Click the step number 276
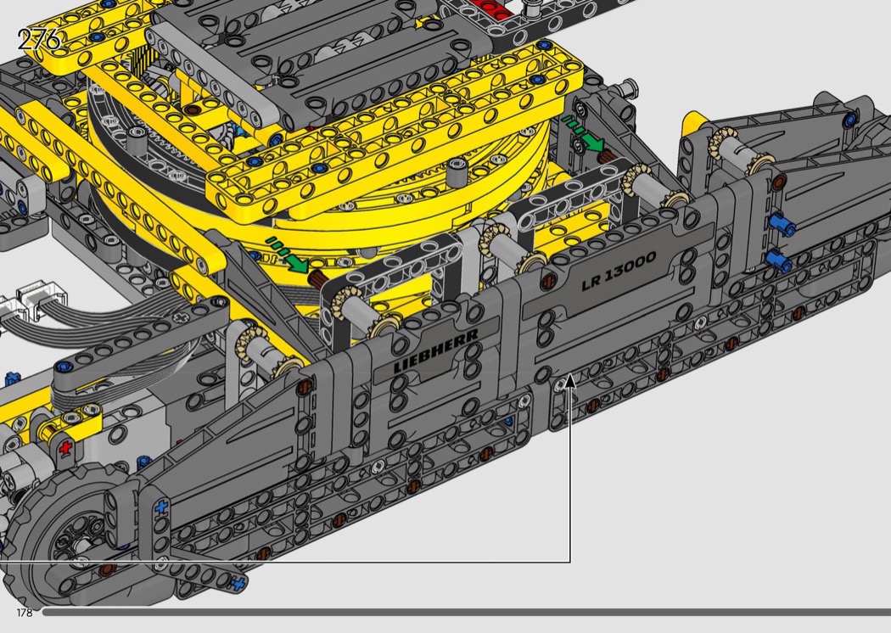click(x=39, y=40)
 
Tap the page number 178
click(x=25, y=613)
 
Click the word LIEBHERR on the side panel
click(x=436, y=350)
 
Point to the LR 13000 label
click(x=619, y=271)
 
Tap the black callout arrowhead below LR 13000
click(x=570, y=380)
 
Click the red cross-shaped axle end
click(x=66, y=447)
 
